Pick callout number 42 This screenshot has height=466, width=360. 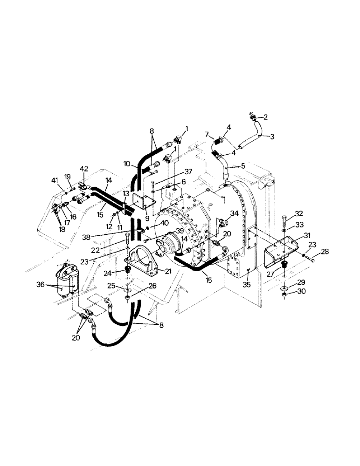84,169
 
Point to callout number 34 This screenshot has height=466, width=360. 235,213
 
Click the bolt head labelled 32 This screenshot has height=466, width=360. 284,218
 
